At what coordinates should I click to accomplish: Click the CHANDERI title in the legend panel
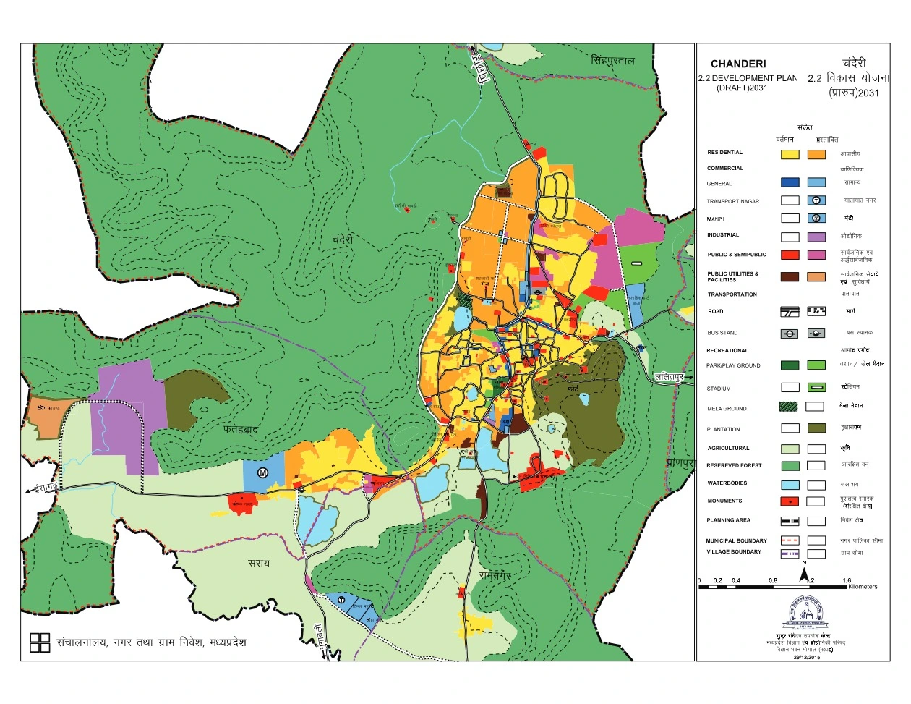[x=738, y=64]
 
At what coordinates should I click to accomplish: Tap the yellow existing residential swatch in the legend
[x=790, y=154]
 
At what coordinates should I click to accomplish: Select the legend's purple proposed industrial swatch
[x=816, y=237]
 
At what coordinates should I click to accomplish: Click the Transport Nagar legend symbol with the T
[x=816, y=200]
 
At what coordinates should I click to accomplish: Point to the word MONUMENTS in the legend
[x=724, y=501]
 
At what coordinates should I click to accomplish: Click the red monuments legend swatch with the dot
[x=790, y=501]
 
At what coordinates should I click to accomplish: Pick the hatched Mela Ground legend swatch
[x=790, y=407]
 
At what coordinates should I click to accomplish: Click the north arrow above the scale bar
[x=804, y=574]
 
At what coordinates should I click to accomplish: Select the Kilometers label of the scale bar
[x=863, y=587]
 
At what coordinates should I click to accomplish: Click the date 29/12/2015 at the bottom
[x=806, y=657]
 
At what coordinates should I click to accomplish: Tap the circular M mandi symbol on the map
[x=262, y=472]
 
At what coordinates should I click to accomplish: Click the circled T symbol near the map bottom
[x=341, y=598]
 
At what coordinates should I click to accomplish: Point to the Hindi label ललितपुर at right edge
[x=669, y=377]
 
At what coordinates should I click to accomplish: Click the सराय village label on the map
[x=258, y=563]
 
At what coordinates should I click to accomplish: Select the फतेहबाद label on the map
[x=241, y=430]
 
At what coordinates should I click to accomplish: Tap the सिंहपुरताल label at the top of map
[x=612, y=60]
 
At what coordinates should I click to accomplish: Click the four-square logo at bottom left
[x=40, y=642]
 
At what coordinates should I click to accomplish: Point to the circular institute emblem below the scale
[x=808, y=614]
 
